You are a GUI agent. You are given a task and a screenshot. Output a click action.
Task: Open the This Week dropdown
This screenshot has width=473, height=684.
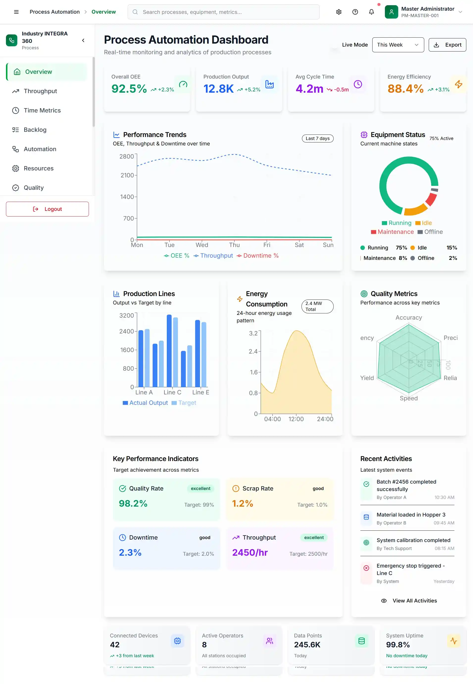tap(398, 45)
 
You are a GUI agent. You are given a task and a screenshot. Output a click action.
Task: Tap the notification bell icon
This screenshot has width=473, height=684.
tap(371, 12)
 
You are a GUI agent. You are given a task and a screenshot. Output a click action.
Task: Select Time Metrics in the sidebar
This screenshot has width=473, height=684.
tap(42, 110)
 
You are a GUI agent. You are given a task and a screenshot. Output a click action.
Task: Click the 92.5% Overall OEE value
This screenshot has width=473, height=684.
tap(129, 89)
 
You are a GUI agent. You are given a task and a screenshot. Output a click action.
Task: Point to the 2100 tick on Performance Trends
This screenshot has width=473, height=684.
tap(127, 175)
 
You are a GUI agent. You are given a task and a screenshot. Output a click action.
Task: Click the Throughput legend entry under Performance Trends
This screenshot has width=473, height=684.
tap(213, 256)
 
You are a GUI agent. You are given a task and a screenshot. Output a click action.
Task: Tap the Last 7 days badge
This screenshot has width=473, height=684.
tap(317, 138)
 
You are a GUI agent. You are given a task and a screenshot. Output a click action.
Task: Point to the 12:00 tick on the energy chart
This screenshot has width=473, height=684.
tap(296, 419)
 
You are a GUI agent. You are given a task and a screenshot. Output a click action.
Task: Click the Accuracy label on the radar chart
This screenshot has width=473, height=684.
tap(408, 317)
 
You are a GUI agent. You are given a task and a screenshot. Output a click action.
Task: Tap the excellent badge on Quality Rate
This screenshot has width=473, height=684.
tap(200, 488)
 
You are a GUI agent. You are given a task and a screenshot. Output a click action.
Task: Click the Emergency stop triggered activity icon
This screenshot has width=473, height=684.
tap(366, 568)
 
